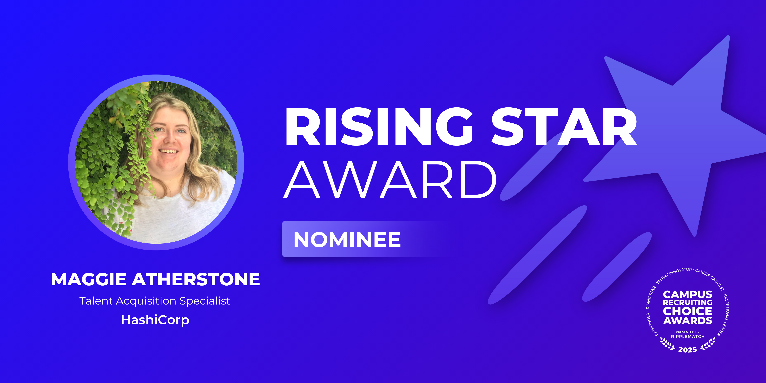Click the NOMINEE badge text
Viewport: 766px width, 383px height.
coord(347,240)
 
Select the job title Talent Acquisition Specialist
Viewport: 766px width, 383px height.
coord(155,301)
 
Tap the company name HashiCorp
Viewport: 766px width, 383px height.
coord(155,320)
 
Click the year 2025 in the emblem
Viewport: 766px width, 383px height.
coord(688,350)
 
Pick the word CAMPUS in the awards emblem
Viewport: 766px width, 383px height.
coord(688,294)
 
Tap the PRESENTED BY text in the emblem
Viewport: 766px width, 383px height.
coord(688,332)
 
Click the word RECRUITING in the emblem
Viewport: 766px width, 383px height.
coord(688,302)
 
